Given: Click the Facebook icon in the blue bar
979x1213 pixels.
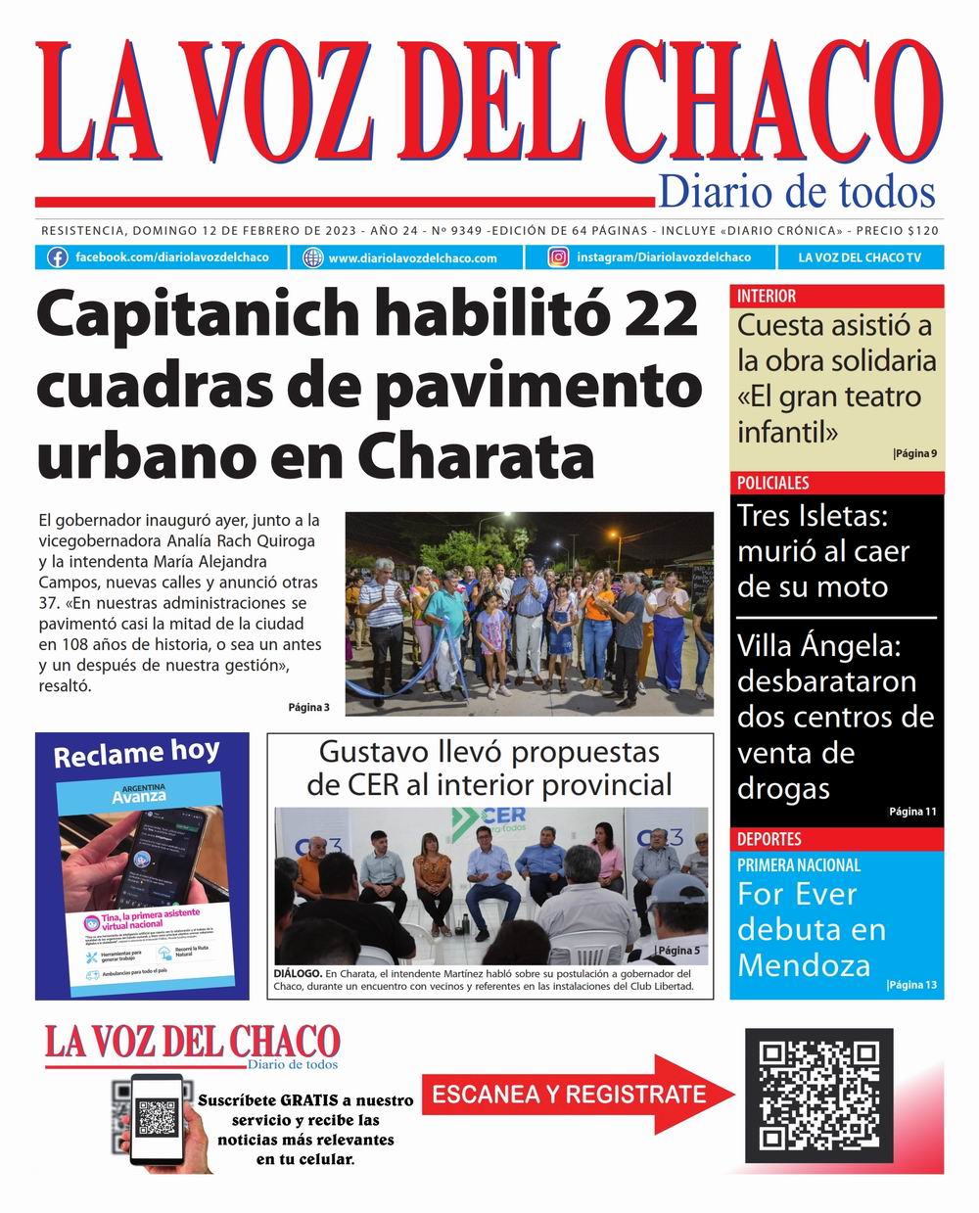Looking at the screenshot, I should pos(59,257).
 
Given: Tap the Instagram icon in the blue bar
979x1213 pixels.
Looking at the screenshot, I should pos(558,257).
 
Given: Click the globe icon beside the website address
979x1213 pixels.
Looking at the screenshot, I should pos(313,257).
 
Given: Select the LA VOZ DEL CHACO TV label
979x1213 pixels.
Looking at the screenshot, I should pos(860,257).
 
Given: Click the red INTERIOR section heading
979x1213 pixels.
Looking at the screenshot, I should pos(767,296).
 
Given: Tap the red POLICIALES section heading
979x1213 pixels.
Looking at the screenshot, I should pos(773,483).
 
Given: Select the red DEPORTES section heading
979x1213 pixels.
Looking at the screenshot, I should pos(769,839).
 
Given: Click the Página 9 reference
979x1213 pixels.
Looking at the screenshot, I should pos(915,453).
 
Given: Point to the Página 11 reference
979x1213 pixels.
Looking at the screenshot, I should pos(912,811).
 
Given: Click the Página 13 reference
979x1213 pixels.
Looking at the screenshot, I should pos(912,984).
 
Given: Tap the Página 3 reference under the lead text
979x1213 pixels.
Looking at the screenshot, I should pos(308,707).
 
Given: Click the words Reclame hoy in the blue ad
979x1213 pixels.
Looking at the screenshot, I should pos(136,753).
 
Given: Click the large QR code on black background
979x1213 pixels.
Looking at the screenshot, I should pos(819,1094).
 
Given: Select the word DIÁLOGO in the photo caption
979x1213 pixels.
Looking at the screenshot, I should pos(298,973).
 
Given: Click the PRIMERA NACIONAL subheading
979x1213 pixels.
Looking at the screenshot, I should pos(799,865).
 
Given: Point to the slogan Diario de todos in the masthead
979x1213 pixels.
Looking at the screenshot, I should pos(796,191).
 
